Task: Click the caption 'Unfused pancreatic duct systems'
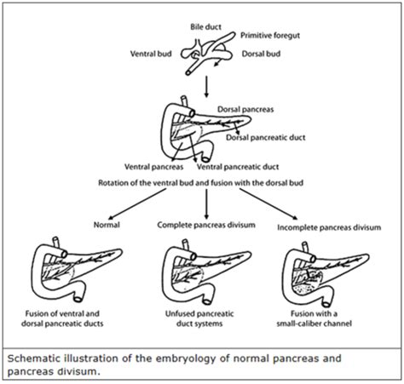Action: tap(206, 321)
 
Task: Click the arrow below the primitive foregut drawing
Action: tap(207, 85)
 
